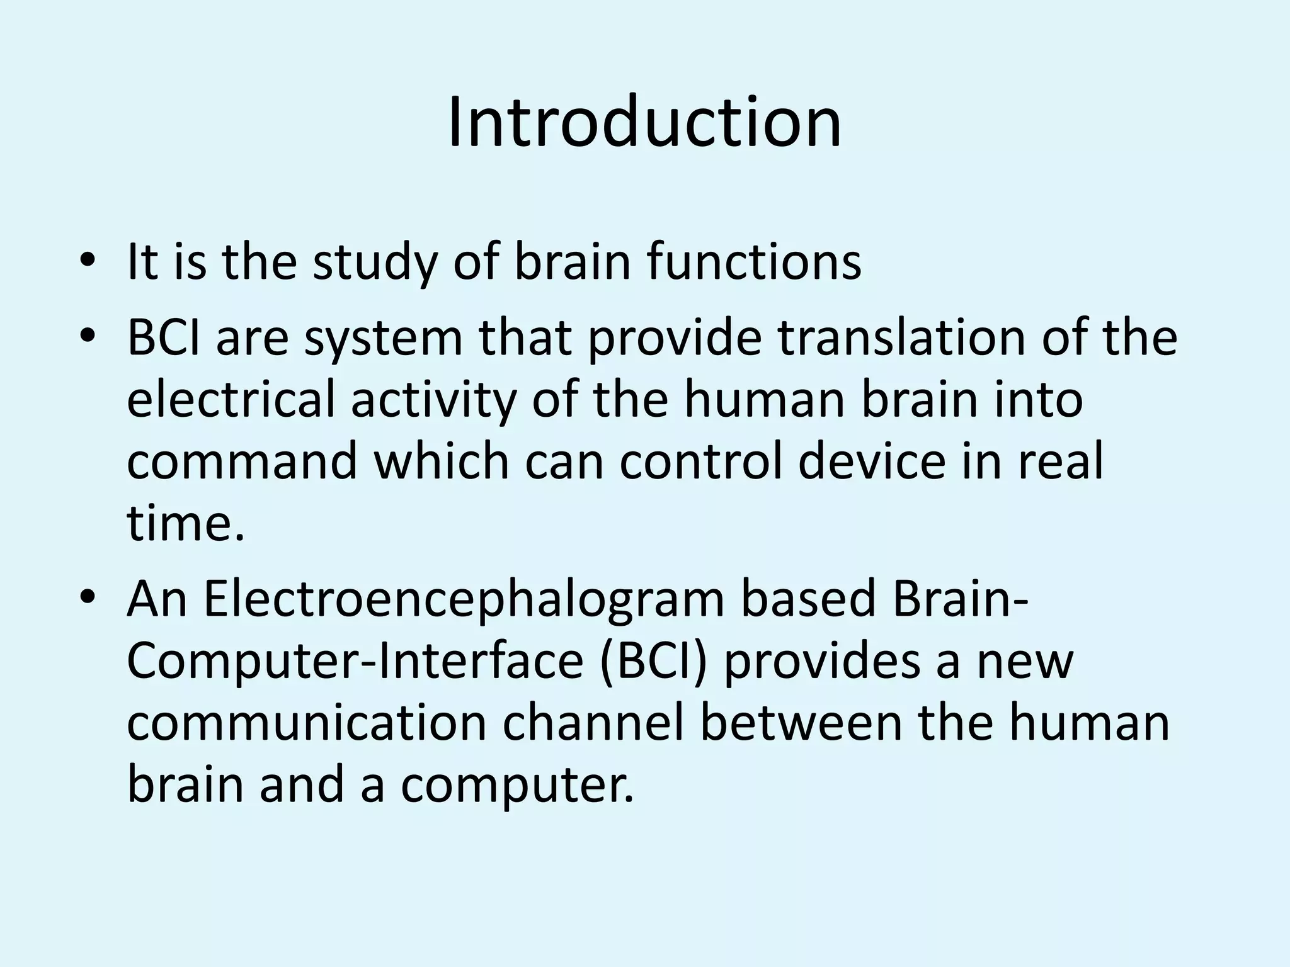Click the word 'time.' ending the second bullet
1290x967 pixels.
coord(185,524)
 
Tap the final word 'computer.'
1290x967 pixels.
coord(517,786)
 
